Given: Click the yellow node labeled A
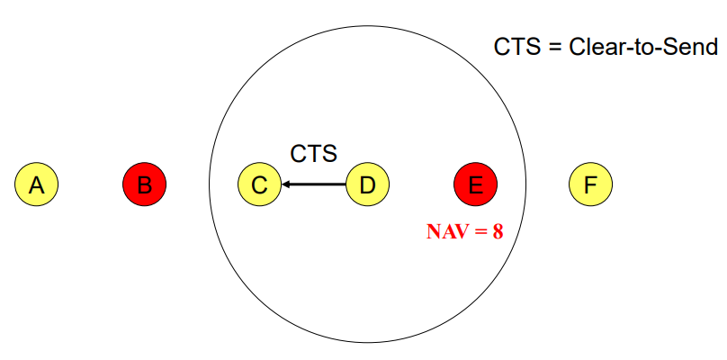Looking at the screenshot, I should click(36, 184).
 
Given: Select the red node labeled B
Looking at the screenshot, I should click(145, 184).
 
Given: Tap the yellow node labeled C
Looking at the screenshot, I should click(259, 184).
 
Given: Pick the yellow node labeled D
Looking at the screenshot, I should click(367, 184).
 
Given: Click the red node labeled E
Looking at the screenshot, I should click(476, 184).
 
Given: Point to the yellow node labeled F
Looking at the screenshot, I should click(590, 184).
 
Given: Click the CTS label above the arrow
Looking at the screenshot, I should click(313, 154).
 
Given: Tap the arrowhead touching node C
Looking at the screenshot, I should click(287, 184).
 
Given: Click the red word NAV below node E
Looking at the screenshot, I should click(446, 230).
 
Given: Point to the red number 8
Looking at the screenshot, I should click(498, 230).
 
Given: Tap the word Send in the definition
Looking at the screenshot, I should click(689, 47).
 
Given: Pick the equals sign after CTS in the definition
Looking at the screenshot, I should click(552, 47).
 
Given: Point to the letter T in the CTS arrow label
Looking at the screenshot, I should click(313, 154).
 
